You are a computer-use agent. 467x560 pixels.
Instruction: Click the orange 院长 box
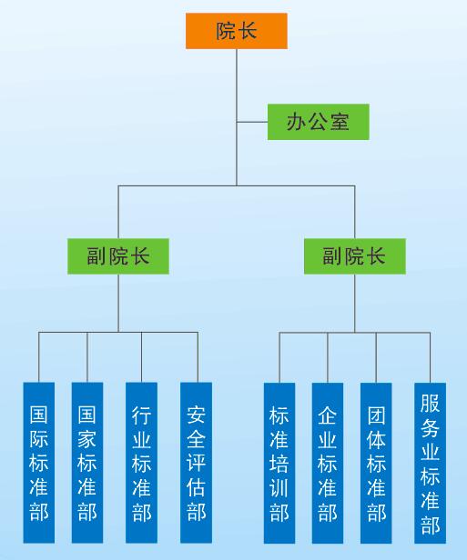[x=237, y=31]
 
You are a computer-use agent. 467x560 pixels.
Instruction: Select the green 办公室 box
[x=319, y=122]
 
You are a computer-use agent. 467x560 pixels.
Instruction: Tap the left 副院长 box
[x=118, y=256]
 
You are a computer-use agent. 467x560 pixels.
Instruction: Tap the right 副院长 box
[x=355, y=256]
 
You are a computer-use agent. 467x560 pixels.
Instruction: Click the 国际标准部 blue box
[x=39, y=463]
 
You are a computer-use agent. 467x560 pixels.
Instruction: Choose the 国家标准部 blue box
[x=87, y=463]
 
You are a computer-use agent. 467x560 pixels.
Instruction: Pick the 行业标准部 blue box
[x=142, y=463]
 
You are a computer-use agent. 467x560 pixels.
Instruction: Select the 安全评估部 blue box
[x=196, y=463]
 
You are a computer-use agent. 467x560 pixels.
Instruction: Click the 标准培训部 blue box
[x=279, y=464]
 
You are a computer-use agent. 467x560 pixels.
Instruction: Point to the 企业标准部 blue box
[x=328, y=464]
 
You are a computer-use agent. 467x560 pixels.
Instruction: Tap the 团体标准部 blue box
[x=376, y=464]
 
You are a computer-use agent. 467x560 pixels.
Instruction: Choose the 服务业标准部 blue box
[x=431, y=464]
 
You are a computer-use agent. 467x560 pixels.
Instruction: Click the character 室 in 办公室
[x=340, y=122]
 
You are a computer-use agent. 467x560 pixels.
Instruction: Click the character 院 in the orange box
[x=226, y=31]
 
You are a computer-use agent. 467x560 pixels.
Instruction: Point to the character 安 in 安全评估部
[x=196, y=415]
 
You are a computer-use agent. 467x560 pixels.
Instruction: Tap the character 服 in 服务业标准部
[x=431, y=403]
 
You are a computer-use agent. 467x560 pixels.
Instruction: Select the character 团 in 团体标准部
[x=376, y=415]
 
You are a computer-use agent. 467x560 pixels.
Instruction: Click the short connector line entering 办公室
[x=252, y=122]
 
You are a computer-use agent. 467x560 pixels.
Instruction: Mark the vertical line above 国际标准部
[x=39, y=357]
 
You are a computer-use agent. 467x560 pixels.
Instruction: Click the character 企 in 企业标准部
[x=328, y=415]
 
